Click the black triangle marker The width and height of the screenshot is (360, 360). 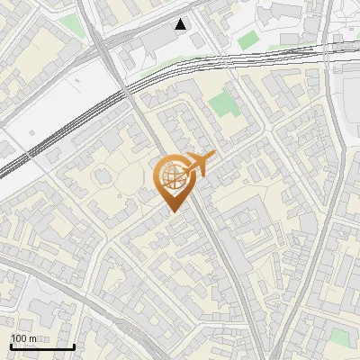pos(182,24)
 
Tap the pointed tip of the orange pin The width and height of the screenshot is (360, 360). pos(171,211)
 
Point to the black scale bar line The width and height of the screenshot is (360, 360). pos(42,346)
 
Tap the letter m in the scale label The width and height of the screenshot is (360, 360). pos(32,338)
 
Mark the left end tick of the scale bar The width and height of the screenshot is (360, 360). pos(11,346)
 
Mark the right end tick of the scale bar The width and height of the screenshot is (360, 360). pos(74,346)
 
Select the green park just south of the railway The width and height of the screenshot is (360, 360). pos(224,107)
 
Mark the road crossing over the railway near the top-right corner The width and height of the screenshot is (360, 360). pos(326,45)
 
